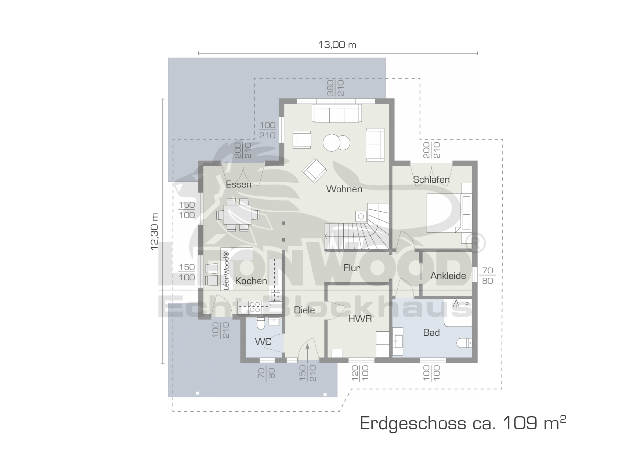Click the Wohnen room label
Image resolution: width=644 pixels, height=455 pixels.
tap(344, 189)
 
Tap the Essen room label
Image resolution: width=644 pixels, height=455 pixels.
tap(239, 184)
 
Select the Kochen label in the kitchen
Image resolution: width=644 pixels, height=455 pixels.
tap(251, 281)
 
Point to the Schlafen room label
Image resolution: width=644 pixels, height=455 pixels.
tap(431, 179)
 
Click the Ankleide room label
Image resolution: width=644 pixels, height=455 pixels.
tap(448, 276)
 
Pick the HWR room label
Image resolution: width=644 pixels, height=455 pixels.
tap(360, 319)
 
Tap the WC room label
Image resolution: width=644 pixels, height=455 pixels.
tap(263, 342)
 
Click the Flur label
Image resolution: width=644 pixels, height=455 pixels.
tap(352, 268)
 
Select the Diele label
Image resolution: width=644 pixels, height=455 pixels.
tap(304, 310)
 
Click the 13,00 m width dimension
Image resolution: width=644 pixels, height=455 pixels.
tap(337, 45)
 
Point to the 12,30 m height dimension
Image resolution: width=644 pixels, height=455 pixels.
tap(155, 232)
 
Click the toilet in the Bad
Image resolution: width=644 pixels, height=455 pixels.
tap(464, 343)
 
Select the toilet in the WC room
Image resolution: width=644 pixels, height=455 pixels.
tap(261, 324)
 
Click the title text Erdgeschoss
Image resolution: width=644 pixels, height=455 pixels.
tap(413, 423)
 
